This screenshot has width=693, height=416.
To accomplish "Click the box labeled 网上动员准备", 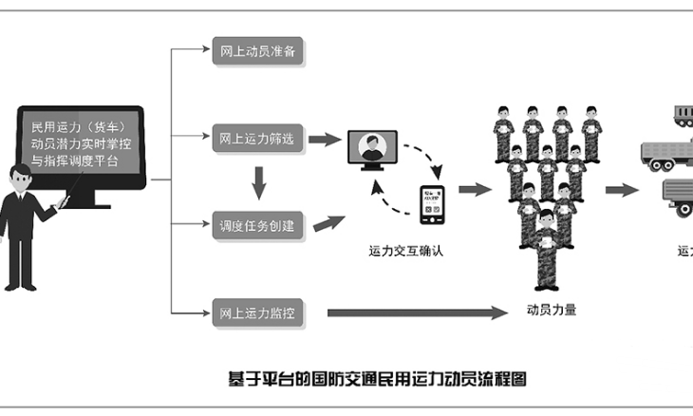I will [x=258, y=51].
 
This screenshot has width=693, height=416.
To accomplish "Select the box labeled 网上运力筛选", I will [x=258, y=139].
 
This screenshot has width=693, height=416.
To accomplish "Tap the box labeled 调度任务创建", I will [x=258, y=227].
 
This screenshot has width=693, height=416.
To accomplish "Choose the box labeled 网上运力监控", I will [x=258, y=312].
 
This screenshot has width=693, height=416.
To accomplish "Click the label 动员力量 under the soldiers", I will [x=552, y=308].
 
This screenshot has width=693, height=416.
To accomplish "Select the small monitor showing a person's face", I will [x=373, y=150].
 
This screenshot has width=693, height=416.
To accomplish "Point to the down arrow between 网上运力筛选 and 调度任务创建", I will [x=257, y=181].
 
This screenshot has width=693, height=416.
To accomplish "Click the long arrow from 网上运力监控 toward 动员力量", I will [x=418, y=312].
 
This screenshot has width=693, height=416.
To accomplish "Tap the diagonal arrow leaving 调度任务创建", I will [x=328, y=223].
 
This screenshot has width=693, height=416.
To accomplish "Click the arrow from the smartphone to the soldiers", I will [x=475, y=189].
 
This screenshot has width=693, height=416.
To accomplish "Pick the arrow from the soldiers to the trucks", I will [x=623, y=189].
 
